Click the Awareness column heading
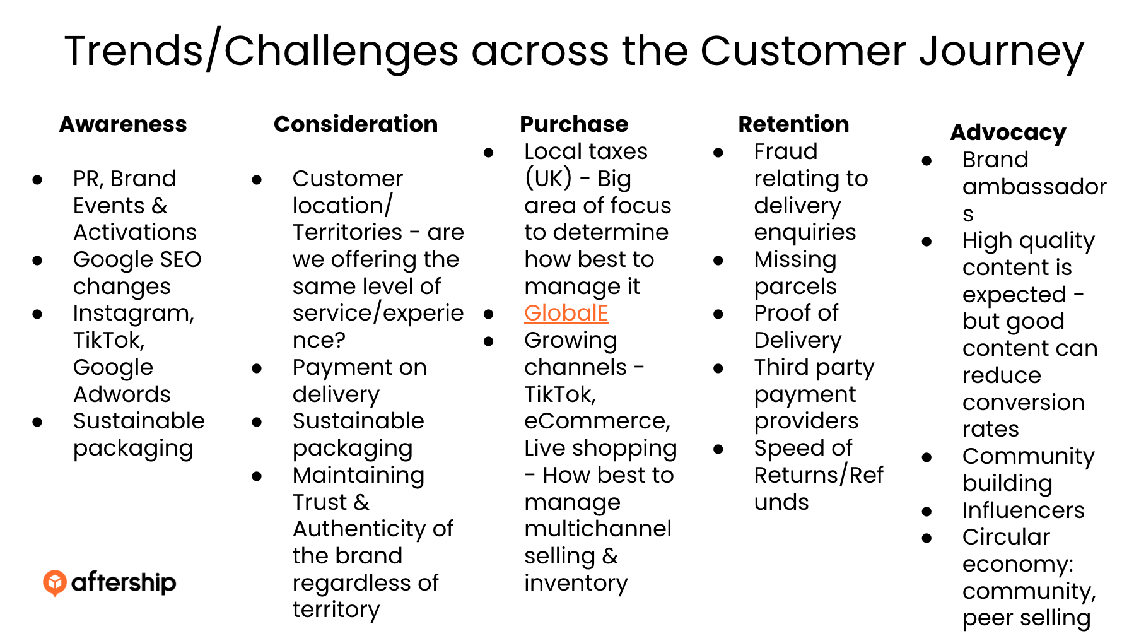pos(123,124)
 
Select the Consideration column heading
pos(356,124)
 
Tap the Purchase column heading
pos(574,124)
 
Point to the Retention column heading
pos(793,124)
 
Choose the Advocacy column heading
pos(1008,132)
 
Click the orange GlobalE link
pos(566,313)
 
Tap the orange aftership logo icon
pos(55,582)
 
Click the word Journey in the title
pos(1002,52)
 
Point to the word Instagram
pos(133,313)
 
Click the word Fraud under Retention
pos(785,151)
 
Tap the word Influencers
pos(1023,510)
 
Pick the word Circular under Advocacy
pos(1006,537)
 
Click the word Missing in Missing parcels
pos(795,259)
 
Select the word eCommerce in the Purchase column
pos(596,421)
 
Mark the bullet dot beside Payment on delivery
pos(257,368)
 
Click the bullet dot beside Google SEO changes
pos(38,260)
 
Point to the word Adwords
pos(122,394)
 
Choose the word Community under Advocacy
pos(1028,456)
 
